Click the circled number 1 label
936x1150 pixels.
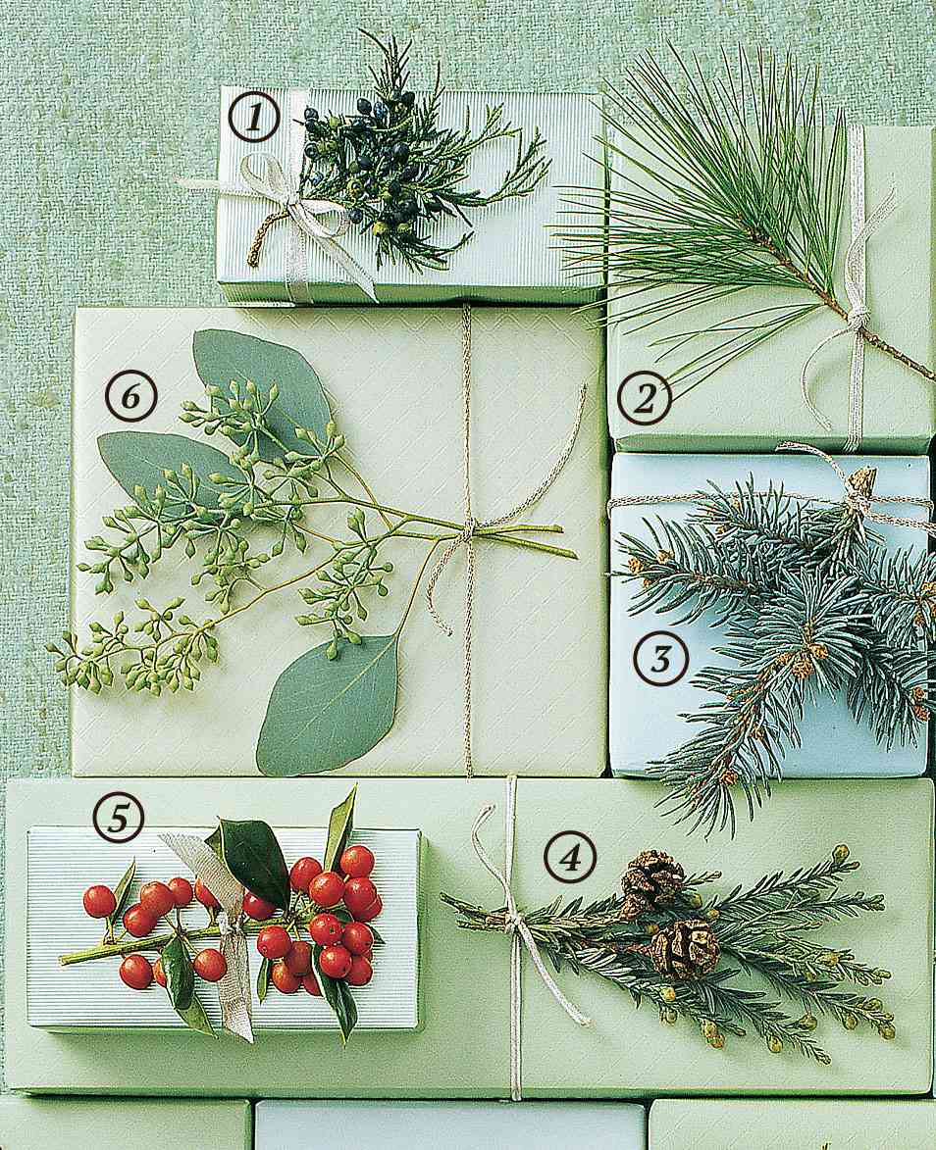coord(254,120)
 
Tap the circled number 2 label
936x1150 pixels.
coord(644,399)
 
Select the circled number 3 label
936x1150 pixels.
coord(660,660)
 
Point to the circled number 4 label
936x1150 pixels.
coord(569,860)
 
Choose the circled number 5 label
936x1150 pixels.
coord(118,818)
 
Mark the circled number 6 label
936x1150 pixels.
coord(130,396)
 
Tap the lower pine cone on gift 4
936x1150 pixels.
coord(685,948)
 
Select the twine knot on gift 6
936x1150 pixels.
coord(468,529)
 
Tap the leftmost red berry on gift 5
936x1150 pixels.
coord(99,901)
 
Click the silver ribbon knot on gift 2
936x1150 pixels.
coord(858,317)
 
